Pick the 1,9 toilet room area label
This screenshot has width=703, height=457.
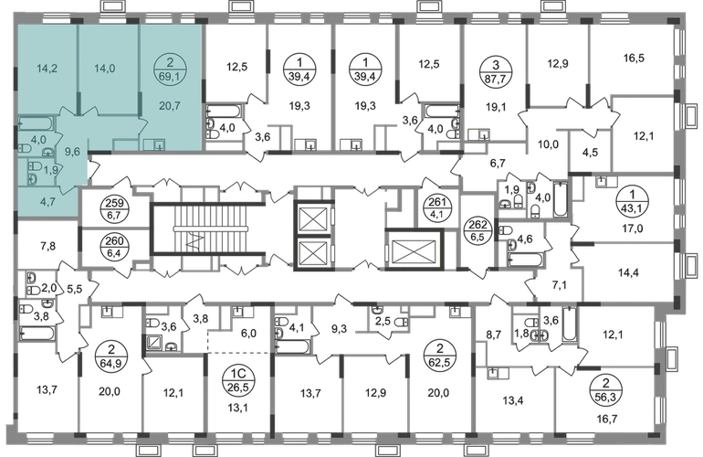click(x=52, y=169)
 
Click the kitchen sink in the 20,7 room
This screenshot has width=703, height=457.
click(x=159, y=144)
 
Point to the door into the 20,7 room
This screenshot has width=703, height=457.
click(x=144, y=125)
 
